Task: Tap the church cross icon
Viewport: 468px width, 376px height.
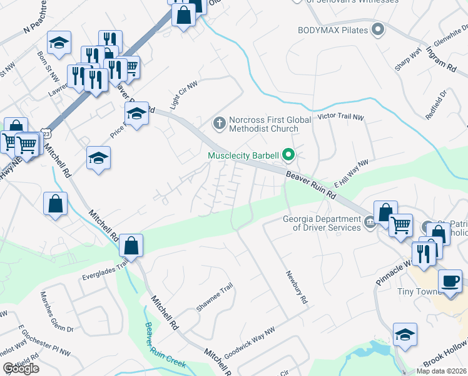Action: (219, 122)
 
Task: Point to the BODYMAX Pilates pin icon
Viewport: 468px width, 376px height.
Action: (377, 29)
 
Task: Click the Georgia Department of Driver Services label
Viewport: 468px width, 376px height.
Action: (322, 223)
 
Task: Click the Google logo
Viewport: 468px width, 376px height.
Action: (21, 368)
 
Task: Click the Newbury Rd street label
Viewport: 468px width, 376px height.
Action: (297, 288)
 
